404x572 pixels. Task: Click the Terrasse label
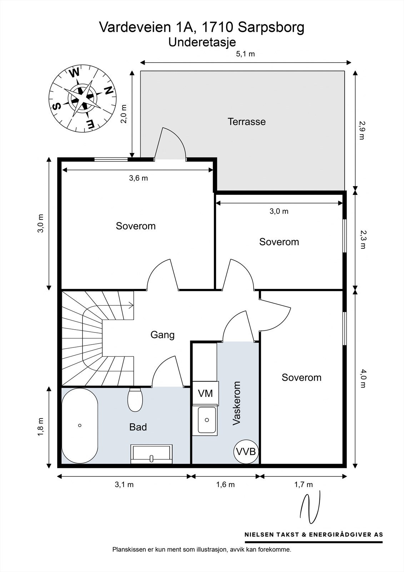click(x=246, y=122)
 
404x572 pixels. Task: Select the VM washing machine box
click(x=205, y=393)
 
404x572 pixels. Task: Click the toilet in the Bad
click(x=135, y=400)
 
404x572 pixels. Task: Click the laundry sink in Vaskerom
click(x=206, y=420)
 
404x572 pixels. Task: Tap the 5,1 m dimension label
click(x=245, y=54)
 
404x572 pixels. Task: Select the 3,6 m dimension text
click(x=138, y=178)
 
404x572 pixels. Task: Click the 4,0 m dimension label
click(x=363, y=379)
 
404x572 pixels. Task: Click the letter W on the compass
click(x=75, y=73)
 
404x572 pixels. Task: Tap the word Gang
click(x=162, y=335)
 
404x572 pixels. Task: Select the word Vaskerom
click(x=236, y=403)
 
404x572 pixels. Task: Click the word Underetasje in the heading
click(x=202, y=43)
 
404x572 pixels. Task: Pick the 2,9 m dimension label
click(x=363, y=130)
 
